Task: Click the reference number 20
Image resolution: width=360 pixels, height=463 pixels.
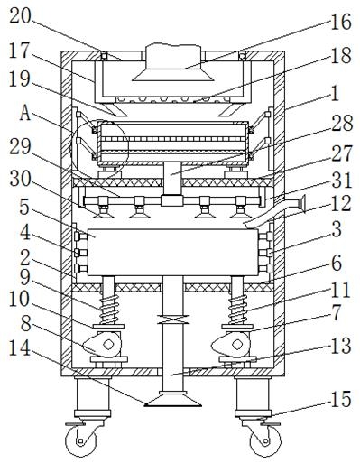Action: pos(21,16)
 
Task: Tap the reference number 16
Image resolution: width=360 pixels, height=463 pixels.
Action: pos(341,22)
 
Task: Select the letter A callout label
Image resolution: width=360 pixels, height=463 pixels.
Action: pos(25,114)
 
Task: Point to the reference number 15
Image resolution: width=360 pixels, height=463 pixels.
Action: pos(341,400)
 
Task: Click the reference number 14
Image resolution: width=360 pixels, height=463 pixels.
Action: pos(20,348)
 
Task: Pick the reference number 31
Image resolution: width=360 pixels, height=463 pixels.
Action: pos(342,181)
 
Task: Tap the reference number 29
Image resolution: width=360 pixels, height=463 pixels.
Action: pos(20,147)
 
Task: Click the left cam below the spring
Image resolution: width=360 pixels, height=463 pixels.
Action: pos(102,344)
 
